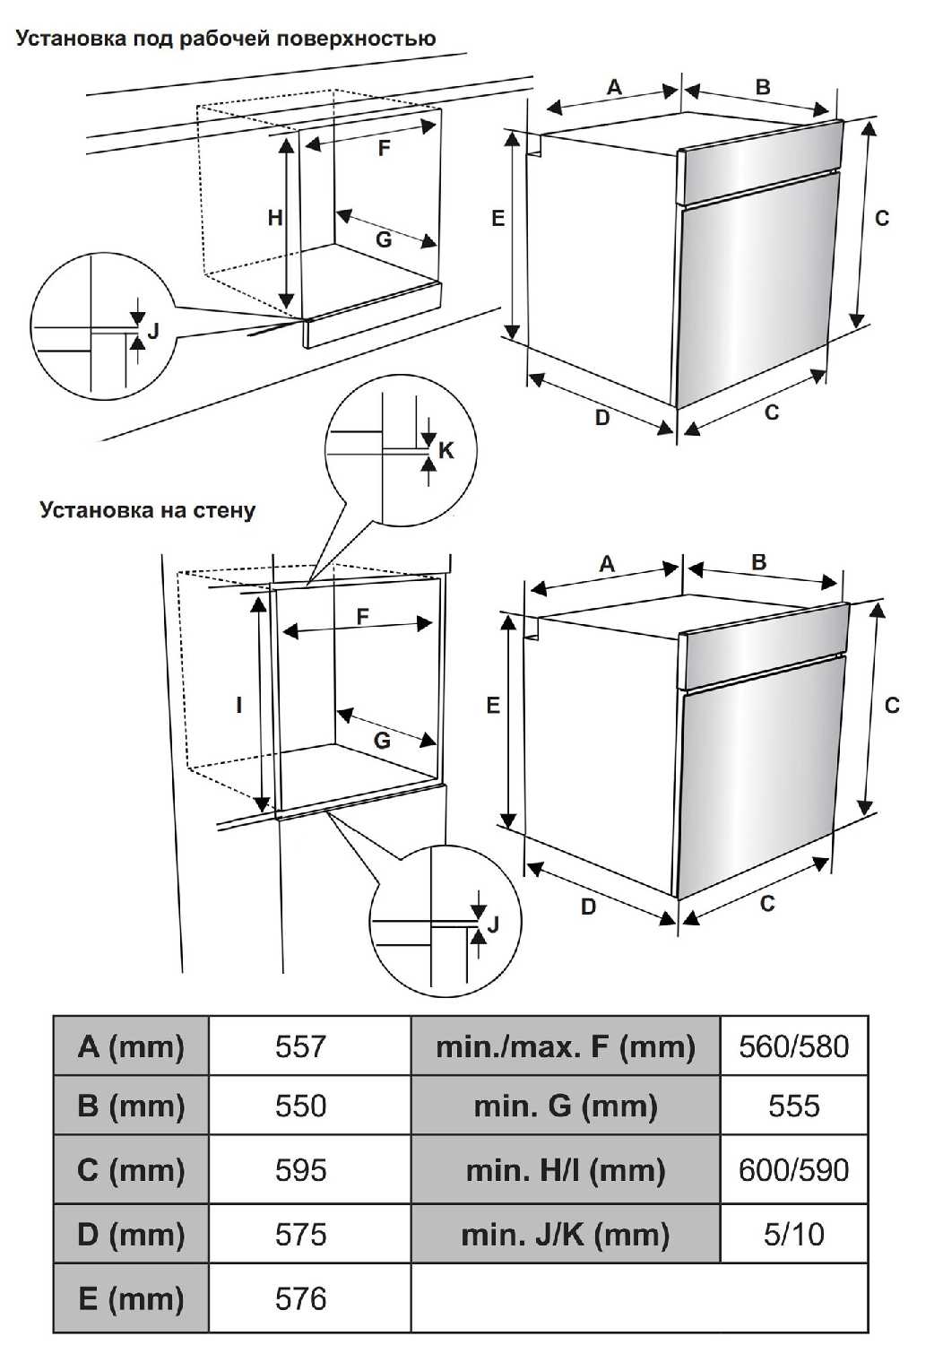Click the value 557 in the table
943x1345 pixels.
[x=300, y=1046]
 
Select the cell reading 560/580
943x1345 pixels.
[x=793, y=1046]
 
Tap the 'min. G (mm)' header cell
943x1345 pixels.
[x=565, y=1106]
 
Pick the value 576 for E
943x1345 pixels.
[x=300, y=1298]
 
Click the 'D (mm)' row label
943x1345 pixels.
[x=131, y=1235]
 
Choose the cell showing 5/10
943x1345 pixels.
[x=793, y=1235]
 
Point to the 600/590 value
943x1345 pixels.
[x=793, y=1170]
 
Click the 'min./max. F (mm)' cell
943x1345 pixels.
[x=565, y=1046]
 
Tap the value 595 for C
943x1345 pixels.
[x=300, y=1170]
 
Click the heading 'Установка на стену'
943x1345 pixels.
[x=148, y=510]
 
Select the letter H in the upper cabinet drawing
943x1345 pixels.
[x=275, y=218]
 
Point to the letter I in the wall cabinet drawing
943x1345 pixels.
[x=239, y=706]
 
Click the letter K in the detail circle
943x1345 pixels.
[x=446, y=450]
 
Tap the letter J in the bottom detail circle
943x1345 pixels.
[x=492, y=924]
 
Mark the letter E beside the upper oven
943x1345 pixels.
[x=498, y=218]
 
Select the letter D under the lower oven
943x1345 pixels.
[x=588, y=907]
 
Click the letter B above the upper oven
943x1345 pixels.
[x=763, y=87]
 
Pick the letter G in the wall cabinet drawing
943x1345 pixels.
[x=382, y=741]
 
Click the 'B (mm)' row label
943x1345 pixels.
[x=131, y=1106]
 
